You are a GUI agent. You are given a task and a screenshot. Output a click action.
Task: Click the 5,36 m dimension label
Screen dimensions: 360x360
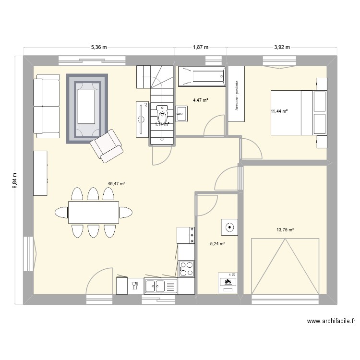point(98,47)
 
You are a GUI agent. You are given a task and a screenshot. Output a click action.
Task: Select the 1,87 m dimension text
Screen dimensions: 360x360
point(201,47)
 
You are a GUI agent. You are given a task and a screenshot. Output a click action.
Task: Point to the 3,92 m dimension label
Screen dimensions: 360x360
point(282,47)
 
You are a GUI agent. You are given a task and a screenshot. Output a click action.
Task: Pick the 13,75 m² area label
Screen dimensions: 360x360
point(285,230)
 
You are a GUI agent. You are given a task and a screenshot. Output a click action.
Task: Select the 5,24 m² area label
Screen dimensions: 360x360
point(217,243)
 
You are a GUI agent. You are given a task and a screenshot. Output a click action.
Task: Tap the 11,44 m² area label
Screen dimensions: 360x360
point(279,111)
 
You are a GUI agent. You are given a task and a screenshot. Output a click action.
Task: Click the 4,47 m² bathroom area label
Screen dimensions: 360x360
point(201,100)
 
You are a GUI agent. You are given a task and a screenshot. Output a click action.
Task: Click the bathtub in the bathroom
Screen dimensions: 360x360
point(202,77)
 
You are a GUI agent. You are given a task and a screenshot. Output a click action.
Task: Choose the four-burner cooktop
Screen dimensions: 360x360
point(186,267)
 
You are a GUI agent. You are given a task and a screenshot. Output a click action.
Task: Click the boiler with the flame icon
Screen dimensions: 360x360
point(228,282)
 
